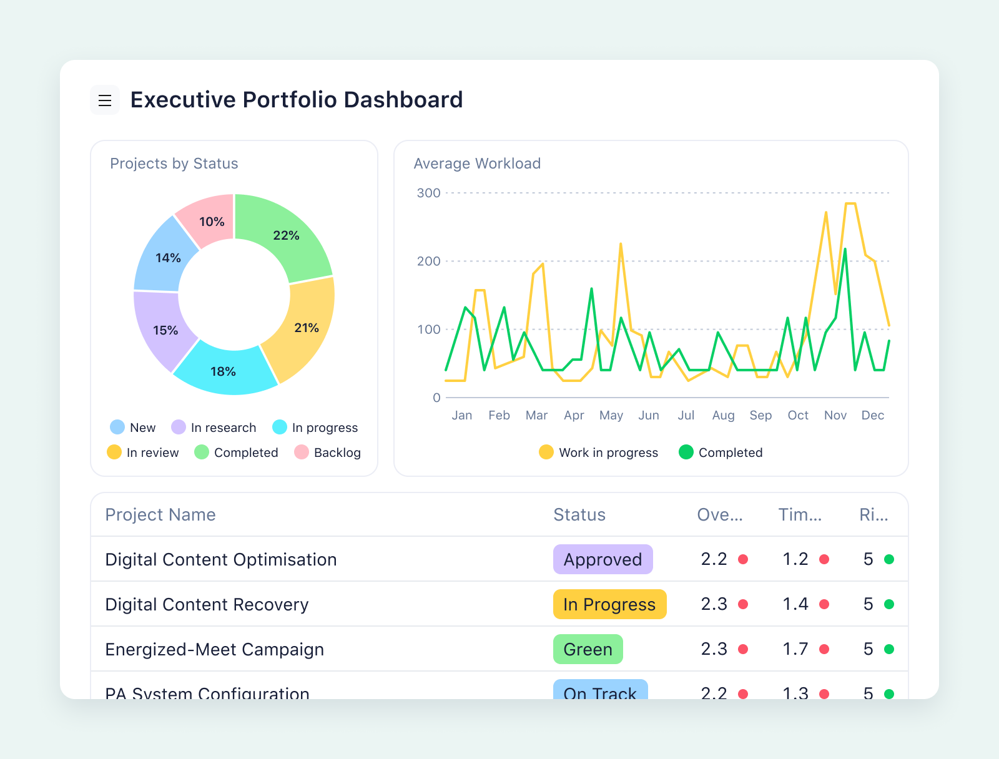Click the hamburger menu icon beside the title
point(105,100)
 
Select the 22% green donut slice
point(285,235)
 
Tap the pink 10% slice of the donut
point(211,222)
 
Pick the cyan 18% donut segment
point(223,371)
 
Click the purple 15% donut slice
point(165,330)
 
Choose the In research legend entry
point(214,428)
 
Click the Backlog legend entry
point(328,453)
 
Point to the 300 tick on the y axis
point(428,193)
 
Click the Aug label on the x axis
point(723,415)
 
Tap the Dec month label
point(872,415)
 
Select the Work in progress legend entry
point(599,453)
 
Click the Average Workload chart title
point(477,164)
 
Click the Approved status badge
point(603,559)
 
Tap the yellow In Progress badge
point(609,604)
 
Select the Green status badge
point(588,649)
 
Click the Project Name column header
point(160,514)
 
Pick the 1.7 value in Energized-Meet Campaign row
point(795,649)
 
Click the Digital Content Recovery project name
point(207,604)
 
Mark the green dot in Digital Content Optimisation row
point(889,559)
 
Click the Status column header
point(579,514)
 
